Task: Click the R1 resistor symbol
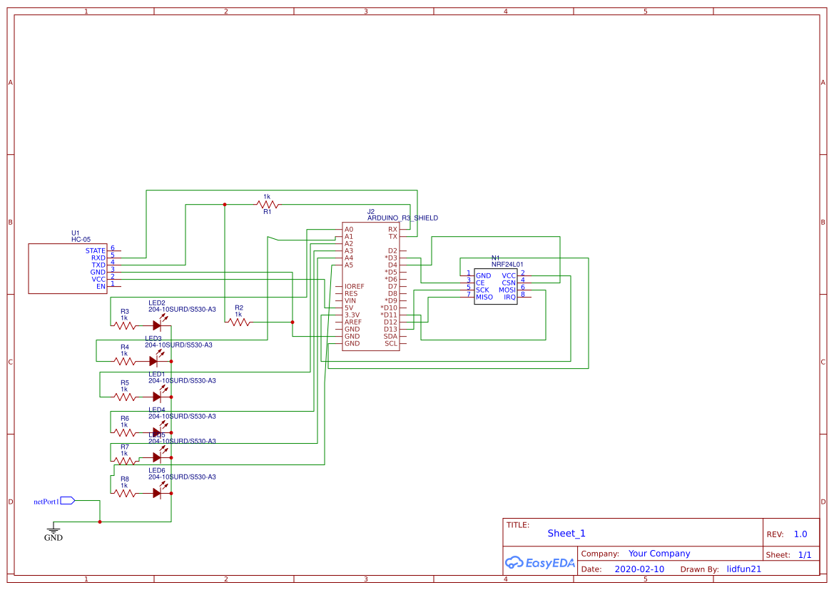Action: [x=268, y=205]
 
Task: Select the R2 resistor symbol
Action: [x=239, y=322]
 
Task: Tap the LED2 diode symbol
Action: [x=157, y=325]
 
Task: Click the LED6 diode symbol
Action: [x=157, y=493]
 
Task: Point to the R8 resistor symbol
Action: [x=125, y=493]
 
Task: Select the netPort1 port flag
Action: [x=67, y=501]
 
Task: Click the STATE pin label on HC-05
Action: [x=95, y=251]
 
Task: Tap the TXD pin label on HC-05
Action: [x=98, y=265]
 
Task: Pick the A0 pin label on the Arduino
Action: [x=349, y=230]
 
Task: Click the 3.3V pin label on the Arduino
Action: [x=352, y=315]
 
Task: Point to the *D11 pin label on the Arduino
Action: [x=389, y=315]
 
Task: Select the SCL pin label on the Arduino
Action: [x=391, y=344]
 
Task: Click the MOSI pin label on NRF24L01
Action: [x=507, y=290]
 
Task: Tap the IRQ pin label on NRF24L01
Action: [x=509, y=297]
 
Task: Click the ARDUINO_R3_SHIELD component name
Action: [x=402, y=218]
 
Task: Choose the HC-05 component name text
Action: [x=81, y=240]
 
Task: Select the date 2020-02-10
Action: [x=639, y=569]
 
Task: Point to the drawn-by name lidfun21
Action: [x=744, y=569]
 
